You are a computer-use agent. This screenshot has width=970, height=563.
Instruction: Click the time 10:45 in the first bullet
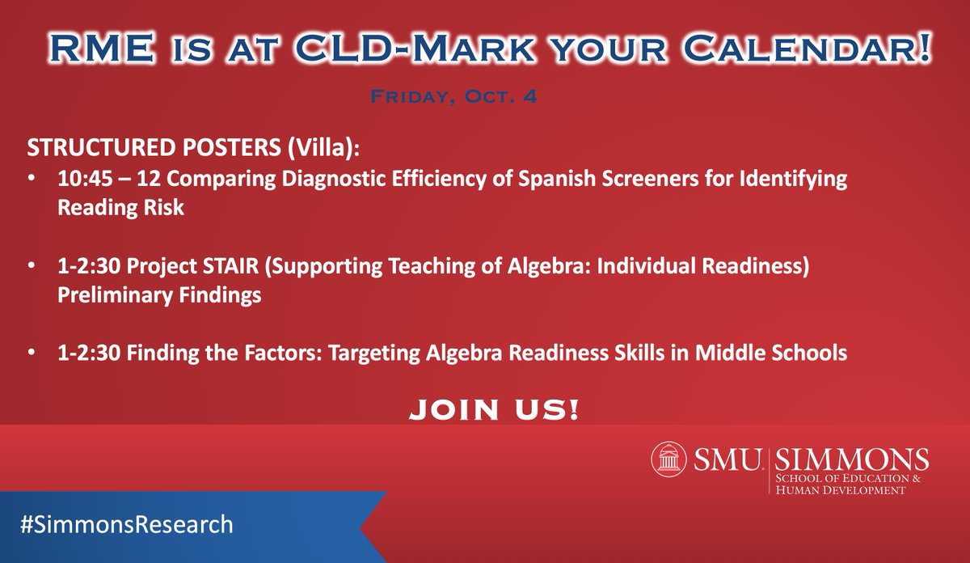click(79, 179)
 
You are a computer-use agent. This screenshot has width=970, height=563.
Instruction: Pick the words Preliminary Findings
click(158, 295)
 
